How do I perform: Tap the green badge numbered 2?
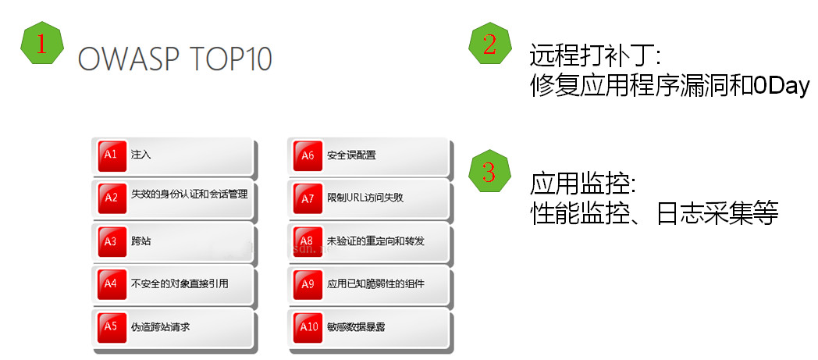pyautogui.click(x=489, y=45)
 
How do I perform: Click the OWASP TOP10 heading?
pyautogui.click(x=175, y=60)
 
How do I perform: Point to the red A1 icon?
pyautogui.click(x=111, y=155)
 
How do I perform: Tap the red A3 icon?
pyautogui.click(x=111, y=241)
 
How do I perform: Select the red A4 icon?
pyautogui.click(x=111, y=284)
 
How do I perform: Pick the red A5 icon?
pyautogui.click(x=111, y=327)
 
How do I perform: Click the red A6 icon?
pyautogui.click(x=308, y=155)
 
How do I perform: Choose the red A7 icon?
pyautogui.click(x=308, y=198)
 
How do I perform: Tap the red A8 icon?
pyautogui.click(x=308, y=241)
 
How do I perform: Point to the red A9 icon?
pyautogui.click(x=308, y=284)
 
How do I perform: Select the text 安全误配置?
pyautogui.click(x=351, y=155)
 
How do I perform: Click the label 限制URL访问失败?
pyautogui.click(x=365, y=198)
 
